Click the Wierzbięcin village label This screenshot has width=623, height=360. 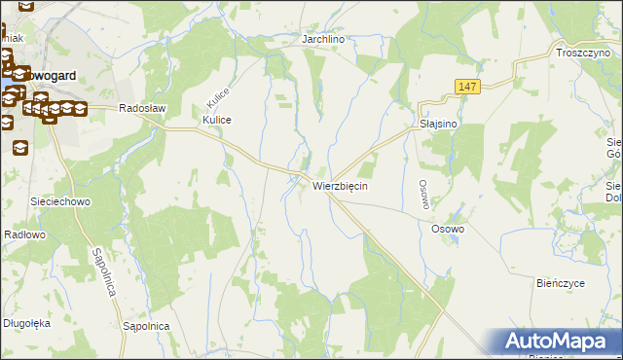pyautogui.click(x=340, y=185)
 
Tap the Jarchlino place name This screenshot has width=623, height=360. pyautogui.click(x=324, y=40)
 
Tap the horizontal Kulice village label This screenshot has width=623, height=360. pyautogui.click(x=216, y=119)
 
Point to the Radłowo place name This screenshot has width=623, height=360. pyautogui.click(x=24, y=234)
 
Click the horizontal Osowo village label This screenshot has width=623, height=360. pyautogui.click(x=449, y=229)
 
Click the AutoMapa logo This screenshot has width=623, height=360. pyautogui.click(x=559, y=342)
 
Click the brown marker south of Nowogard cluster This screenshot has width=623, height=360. pyautogui.click(x=19, y=147)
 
